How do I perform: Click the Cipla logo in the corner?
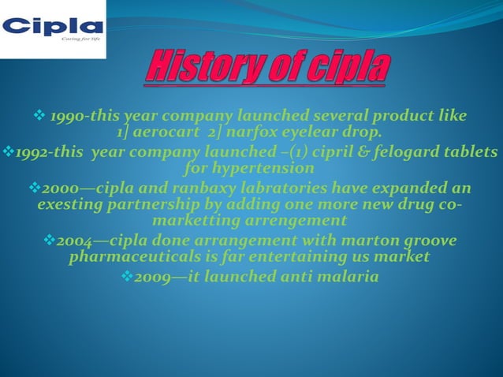(x=52, y=29)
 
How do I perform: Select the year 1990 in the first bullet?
(x=67, y=117)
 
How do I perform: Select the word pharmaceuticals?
(x=140, y=256)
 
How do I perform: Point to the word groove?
(x=427, y=241)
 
